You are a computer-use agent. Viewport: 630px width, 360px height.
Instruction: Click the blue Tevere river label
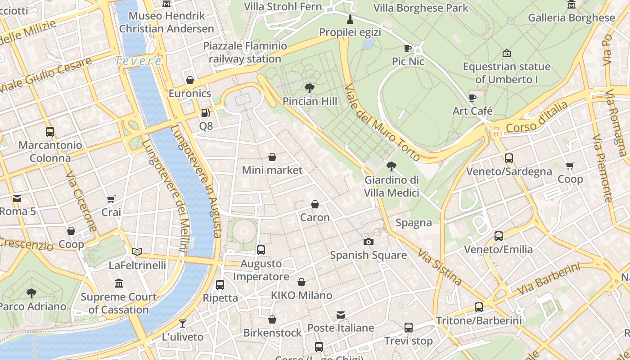coord(138,61)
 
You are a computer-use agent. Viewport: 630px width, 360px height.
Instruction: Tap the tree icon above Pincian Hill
coord(309,88)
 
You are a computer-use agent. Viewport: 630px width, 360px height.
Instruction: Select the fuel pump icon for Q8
coord(206,113)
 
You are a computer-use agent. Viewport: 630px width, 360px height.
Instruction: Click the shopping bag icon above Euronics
coord(190,80)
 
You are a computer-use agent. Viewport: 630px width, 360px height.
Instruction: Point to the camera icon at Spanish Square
coord(369,242)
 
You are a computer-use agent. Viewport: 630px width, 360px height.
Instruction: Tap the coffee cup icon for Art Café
coord(472,98)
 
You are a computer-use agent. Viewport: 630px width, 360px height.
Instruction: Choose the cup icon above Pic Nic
coord(408,48)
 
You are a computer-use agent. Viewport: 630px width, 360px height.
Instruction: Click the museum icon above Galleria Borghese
coord(571,5)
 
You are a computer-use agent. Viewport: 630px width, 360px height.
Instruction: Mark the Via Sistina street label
coord(440,268)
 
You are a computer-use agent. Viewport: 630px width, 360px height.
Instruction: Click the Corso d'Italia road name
coord(537,117)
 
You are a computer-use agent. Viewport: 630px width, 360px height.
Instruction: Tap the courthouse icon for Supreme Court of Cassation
coord(119,283)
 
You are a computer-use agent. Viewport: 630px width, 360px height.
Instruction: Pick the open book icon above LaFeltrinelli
coord(137,252)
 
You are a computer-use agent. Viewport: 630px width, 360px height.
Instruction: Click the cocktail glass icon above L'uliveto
coord(182,323)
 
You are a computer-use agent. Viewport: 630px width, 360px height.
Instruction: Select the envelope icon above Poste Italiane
coord(341,315)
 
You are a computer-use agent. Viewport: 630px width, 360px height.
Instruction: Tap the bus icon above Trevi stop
coord(408,328)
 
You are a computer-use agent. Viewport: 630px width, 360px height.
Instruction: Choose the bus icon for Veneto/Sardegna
coord(509,158)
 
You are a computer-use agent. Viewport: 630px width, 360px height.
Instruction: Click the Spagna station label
coord(414,223)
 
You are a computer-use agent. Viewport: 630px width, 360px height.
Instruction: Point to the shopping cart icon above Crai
coord(111,199)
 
